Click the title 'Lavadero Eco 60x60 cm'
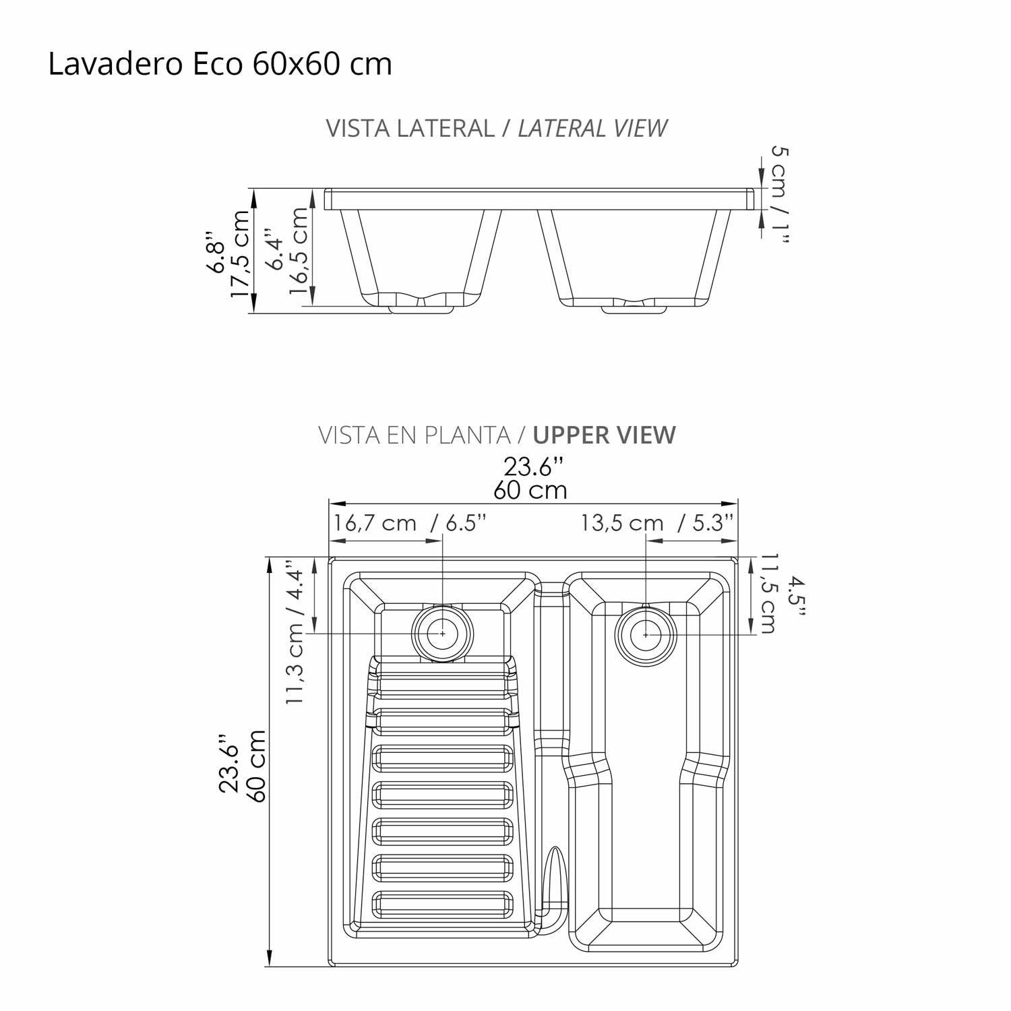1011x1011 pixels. pos(220,65)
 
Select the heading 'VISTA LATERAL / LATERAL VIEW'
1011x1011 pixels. pos(496,128)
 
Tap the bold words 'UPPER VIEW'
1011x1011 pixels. pos(604,435)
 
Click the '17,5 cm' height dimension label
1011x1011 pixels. pos(240,253)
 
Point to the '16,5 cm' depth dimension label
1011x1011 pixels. pos(298,251)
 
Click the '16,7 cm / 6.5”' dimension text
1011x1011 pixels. pos(409,523)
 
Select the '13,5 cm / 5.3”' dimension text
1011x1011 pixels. pos(656,523)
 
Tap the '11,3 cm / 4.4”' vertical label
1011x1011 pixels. pos(295,632)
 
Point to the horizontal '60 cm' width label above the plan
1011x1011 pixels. pos(530,490)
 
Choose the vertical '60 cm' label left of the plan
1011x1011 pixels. pos(257,766)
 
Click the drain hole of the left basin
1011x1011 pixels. pos(443,634)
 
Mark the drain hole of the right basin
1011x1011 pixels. pos(646,635)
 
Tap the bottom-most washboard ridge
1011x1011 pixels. pos(442,904)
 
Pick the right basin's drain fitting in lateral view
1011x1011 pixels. pos(634,309)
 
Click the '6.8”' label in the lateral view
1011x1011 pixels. pos(216,253)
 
